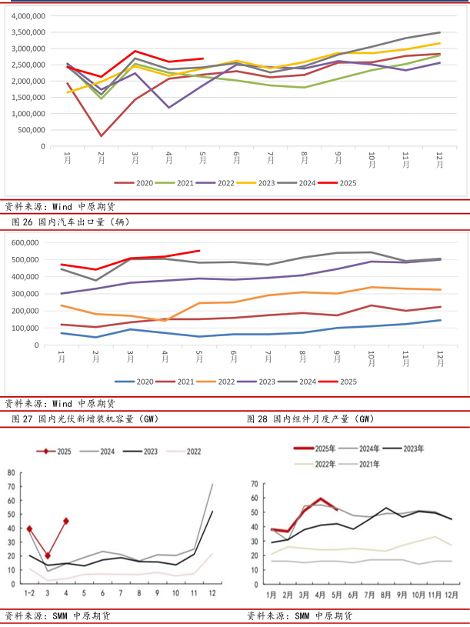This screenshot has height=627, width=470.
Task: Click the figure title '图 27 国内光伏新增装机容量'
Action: click(x=85, y=419)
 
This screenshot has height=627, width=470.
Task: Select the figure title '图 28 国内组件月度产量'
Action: click(x=311, y=419)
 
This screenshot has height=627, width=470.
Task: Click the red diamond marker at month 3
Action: click(x=48, y=555)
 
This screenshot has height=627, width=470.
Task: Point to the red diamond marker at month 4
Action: click(x=66, y=521)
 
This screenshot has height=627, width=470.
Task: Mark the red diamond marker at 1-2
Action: click(x=29, y=529)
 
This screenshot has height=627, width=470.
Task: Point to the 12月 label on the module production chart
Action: click(x=452, y=595)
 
